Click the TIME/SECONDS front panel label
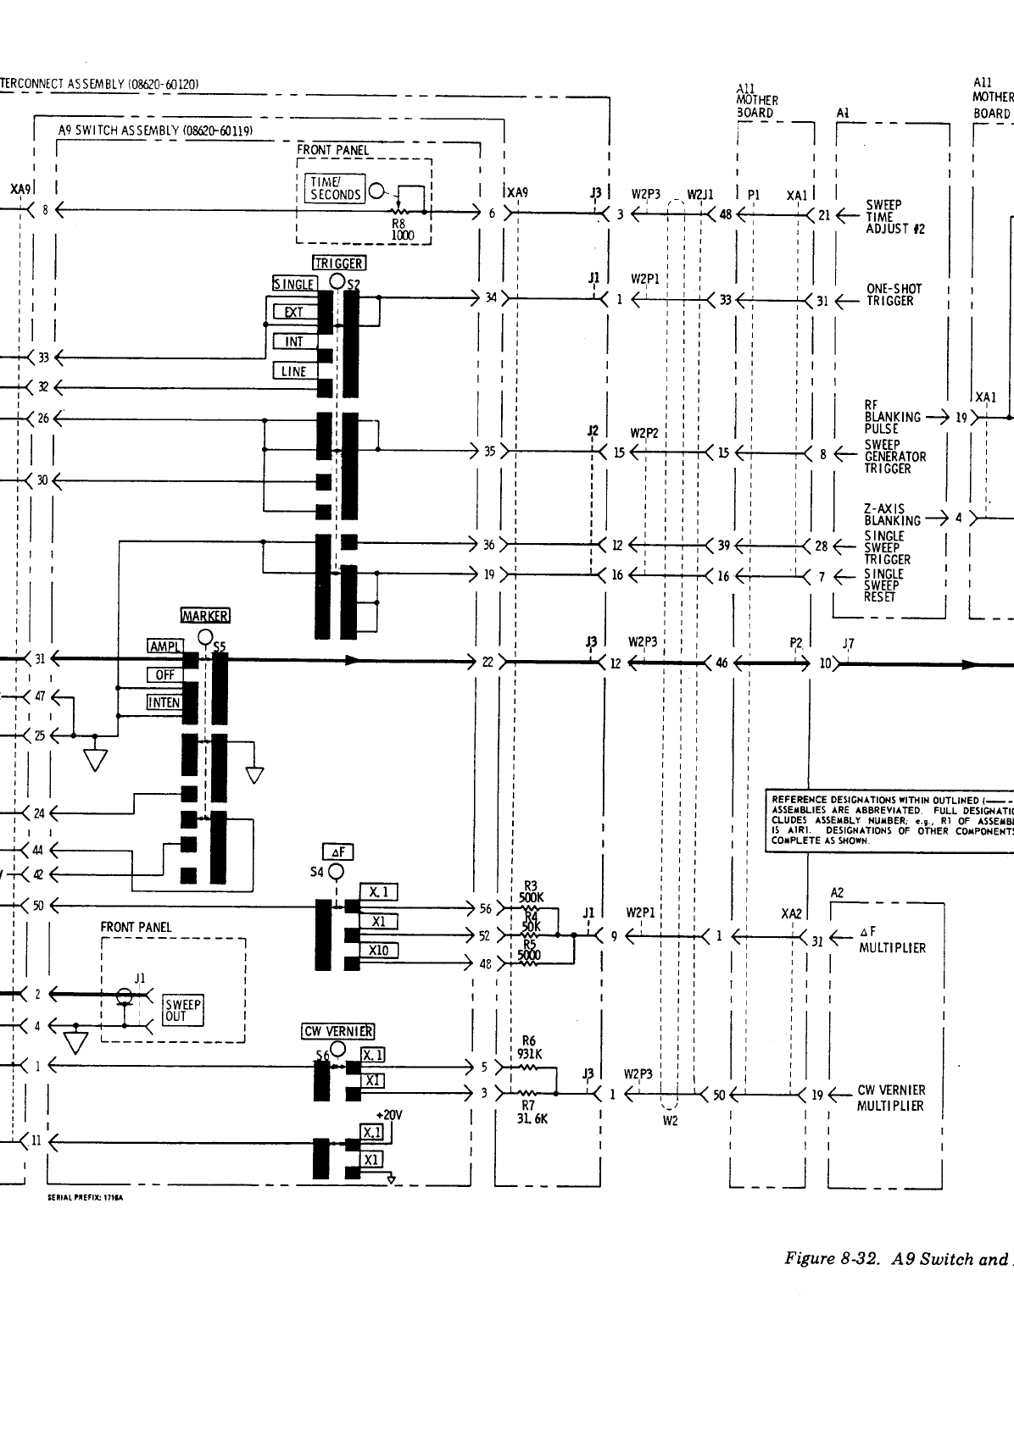tap(336, 188)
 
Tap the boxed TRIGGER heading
tap(339, 263)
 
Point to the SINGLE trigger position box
tap(294, 284)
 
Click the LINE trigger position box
tap(293, 371)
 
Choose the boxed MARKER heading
tap(205, 616)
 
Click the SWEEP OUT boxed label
tap(183, 1010)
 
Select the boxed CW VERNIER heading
tap(338, 1031)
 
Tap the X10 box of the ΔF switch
tap(379, 951)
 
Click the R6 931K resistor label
tap(530, 1048)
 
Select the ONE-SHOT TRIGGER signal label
tap(894, 295)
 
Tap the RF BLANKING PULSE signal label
tap(892, 417)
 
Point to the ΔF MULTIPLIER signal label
tap(892, 940)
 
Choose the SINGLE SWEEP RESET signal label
tap(883, 585)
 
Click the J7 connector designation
tap(848, 644)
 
